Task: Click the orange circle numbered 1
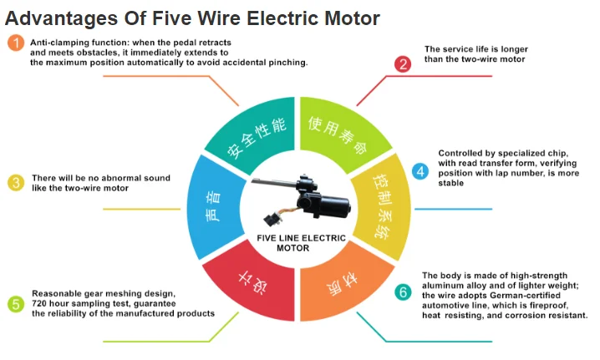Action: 15,43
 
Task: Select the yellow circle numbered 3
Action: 15,183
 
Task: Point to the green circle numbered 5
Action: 15,303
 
